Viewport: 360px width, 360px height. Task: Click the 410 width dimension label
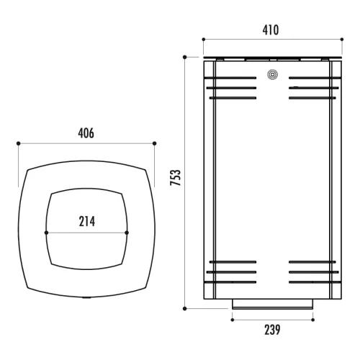(x=271, y=30)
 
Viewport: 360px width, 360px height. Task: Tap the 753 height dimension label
(x=175, y=177)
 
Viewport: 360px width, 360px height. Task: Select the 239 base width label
(x=272, y=330)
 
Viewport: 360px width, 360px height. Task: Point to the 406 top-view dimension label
(x=86, y=133)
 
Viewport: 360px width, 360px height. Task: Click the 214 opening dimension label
(x=87, y=221)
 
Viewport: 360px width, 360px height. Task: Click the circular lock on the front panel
(x=272, y=75)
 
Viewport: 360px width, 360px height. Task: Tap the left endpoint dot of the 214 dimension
(x=46, y=233)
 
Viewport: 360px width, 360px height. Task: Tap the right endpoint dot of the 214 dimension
(x=127, y=233)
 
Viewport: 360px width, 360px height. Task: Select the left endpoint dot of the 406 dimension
(x=19, y=143)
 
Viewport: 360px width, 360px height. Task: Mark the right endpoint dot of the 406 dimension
(x=155, y=143)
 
